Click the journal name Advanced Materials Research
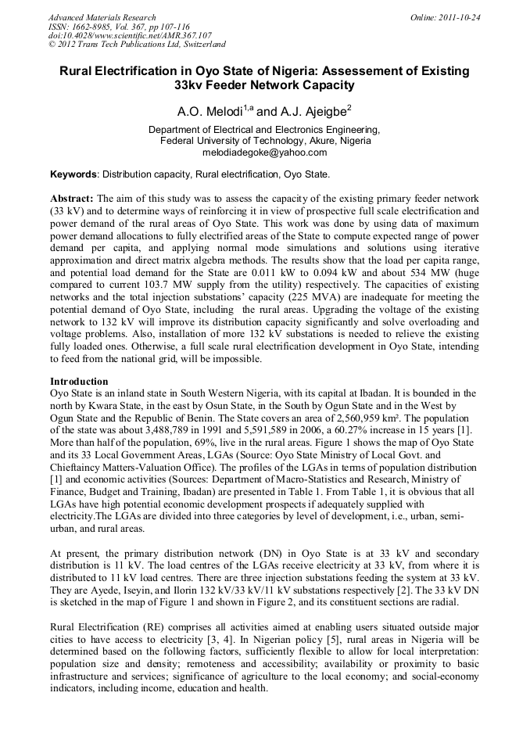[x=102, y=17]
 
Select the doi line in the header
[x=130, y=36]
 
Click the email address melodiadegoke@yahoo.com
[x=264, y=153]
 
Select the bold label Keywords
[x=73, y=174]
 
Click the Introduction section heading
[x=79, y=381]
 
